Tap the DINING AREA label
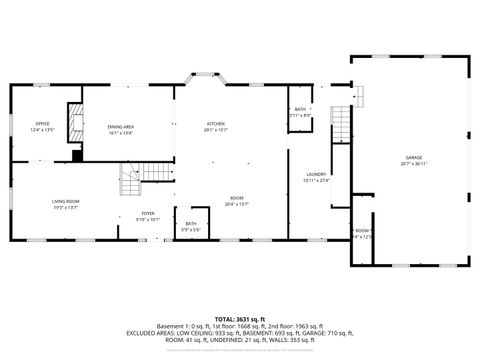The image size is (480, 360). pos(121,126)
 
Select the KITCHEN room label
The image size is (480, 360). pos(216,123)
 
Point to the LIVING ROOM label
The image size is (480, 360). pos(66,202)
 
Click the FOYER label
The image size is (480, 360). pos(148,213)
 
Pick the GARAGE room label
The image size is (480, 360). pos(413,158)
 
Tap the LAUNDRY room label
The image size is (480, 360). pos(316,174)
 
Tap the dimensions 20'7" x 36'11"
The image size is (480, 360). pos(413,164)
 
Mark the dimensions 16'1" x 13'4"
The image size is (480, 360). pos(121,132)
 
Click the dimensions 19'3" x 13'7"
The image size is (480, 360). pos(66,208)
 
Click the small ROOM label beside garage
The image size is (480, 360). pos(360,230)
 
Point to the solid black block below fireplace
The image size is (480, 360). pos(76,154)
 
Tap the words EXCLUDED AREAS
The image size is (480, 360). pos(153,332)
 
